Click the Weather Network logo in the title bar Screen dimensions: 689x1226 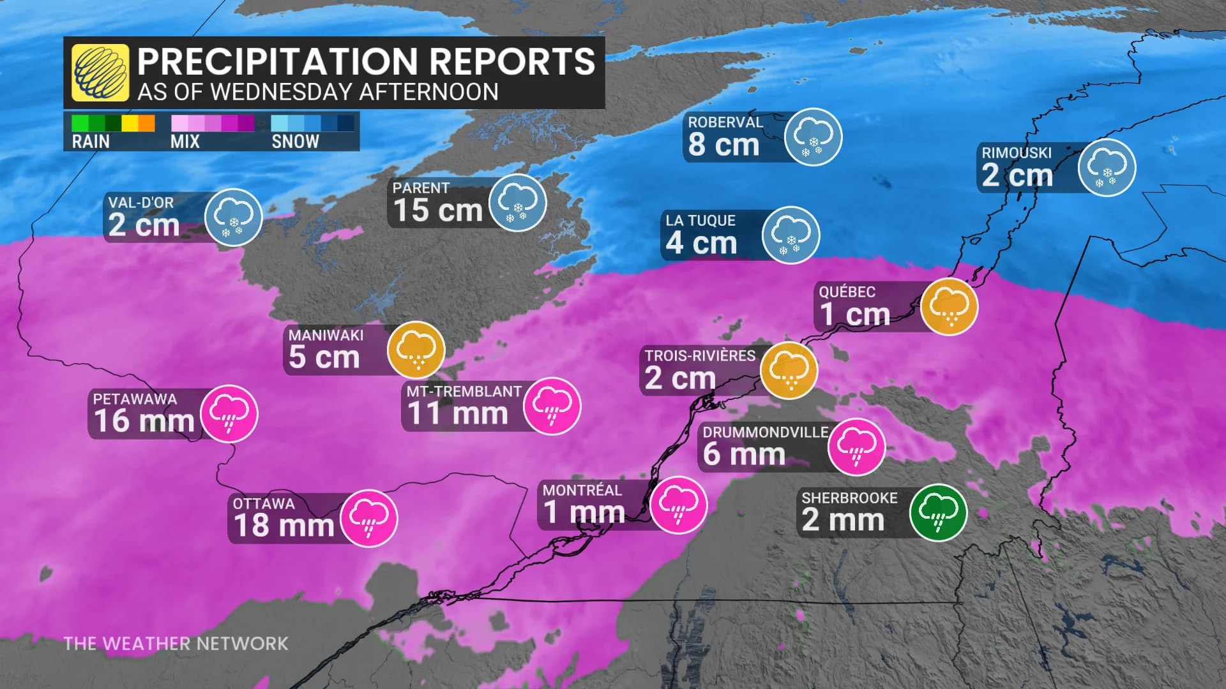[100, 73]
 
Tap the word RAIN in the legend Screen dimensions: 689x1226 [91, 142]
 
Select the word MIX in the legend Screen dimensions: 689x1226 [185, 142]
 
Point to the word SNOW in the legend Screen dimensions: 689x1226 [295, 142]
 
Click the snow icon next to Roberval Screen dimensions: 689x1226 [813, 137]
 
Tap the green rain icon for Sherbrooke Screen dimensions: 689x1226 [938, 512]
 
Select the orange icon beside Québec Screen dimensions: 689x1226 [950, 306]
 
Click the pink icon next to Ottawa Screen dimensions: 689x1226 [369, 518]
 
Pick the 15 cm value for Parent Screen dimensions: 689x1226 [437, 211]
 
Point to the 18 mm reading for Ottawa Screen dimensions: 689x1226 [284, 526]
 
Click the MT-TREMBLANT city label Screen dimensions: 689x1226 [464, 392]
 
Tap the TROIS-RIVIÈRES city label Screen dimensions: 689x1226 [700, 356]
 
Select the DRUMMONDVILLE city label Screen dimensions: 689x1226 [766, 433]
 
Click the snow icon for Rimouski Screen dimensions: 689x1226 [1107, 167]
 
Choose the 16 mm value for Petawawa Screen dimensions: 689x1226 [144, 421]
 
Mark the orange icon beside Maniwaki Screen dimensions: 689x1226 [416, 350]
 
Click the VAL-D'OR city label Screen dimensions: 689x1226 [141, 203]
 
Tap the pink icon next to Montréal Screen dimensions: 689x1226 [679, 505]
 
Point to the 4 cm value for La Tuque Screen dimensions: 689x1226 [701, 243]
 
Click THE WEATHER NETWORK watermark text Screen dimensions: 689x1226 [176, 644]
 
